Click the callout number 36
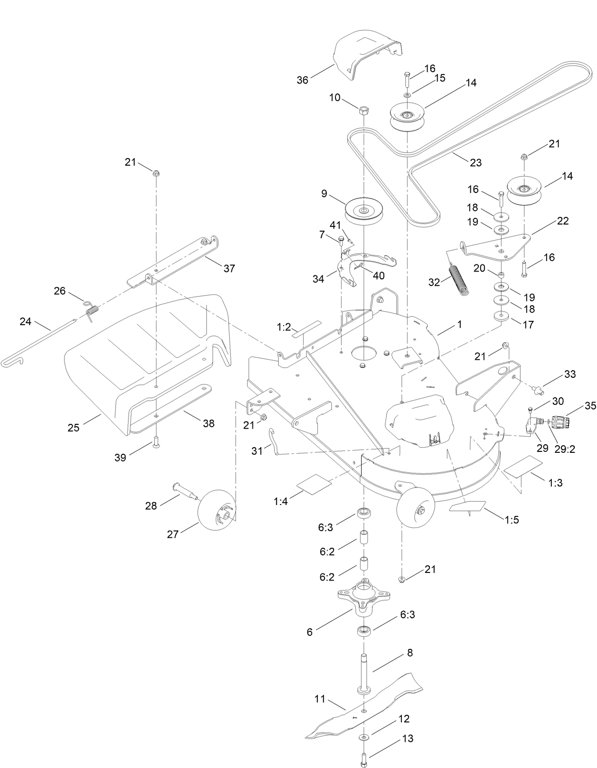tap(302, 80)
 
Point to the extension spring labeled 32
tap(458, 280)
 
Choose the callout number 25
tap(74, 428)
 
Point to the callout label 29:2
tap(565, 449)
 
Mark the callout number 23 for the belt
tap(476, 162)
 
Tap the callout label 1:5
tap(512, 520)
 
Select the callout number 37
tap(229, 268)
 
